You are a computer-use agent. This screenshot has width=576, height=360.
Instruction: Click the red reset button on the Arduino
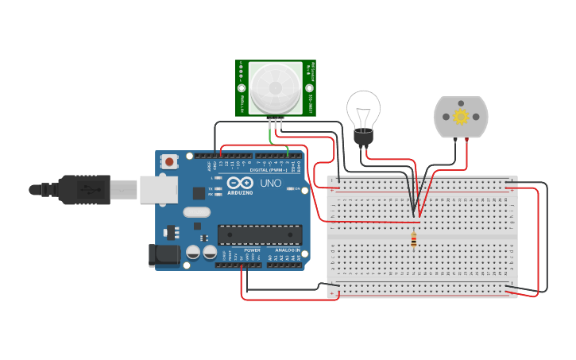click(x=170, y=161)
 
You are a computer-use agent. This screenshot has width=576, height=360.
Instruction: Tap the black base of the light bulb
click(x=363, y=138)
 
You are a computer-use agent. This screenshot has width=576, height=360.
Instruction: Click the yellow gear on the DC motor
click(x=461, y=116)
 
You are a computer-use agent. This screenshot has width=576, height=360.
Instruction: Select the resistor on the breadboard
click(x=413, y=238)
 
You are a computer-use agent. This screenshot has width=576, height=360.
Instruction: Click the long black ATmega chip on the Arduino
click(x=260, y=234)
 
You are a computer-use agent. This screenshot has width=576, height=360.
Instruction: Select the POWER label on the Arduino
click(x=253, y=250)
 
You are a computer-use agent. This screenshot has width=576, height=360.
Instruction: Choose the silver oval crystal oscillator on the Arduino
click(x=195, y=212)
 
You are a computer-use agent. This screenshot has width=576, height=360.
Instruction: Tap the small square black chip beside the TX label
click(x=198, y=192)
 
